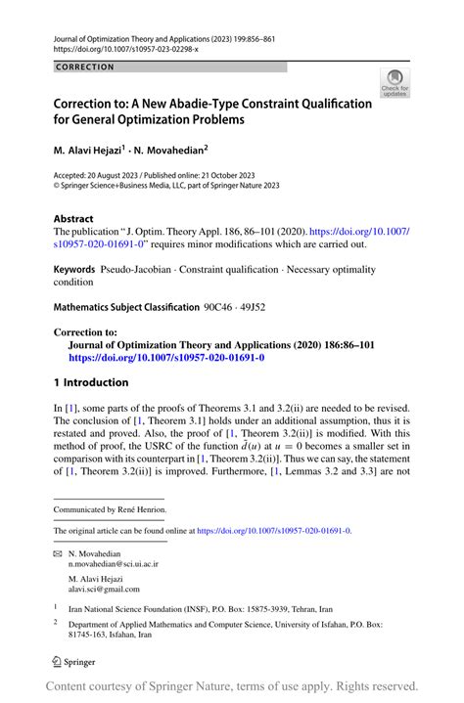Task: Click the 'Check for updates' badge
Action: (395, 84)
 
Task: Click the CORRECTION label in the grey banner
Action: (85, 67)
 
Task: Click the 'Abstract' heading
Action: (73, 220)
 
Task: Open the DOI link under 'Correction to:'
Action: (165, 358)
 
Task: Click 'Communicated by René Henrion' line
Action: (109, 509)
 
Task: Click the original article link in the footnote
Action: (273, 531)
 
